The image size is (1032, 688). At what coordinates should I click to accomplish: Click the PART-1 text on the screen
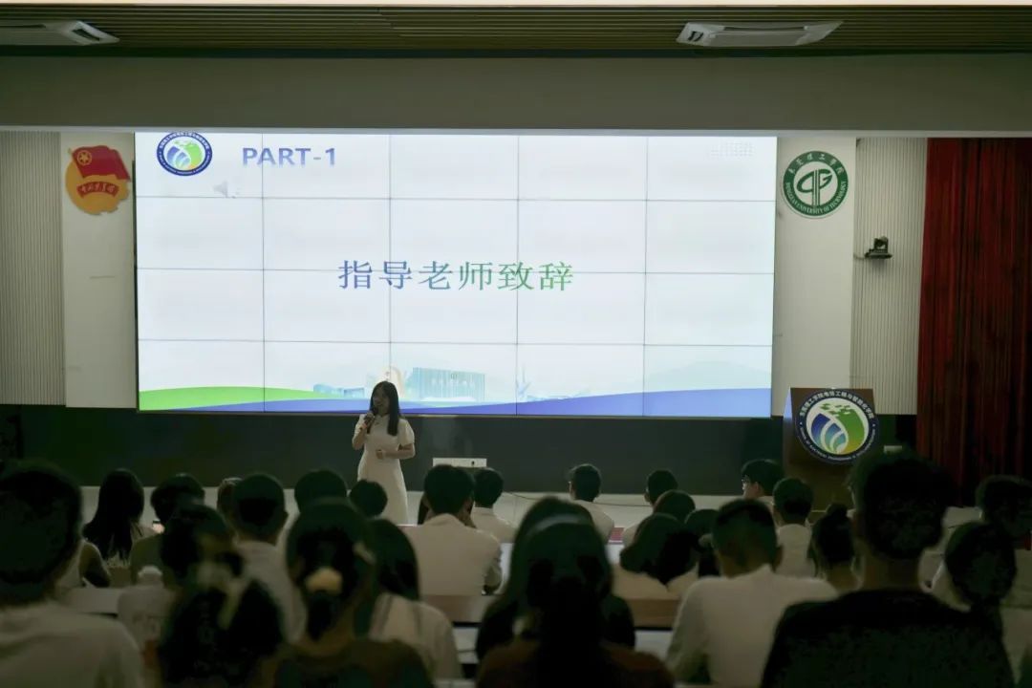click(x=289, y=156)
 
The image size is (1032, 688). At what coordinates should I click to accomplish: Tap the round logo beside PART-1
click(x=184, y=154)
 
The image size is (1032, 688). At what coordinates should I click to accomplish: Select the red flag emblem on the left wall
click(x=97, y=179)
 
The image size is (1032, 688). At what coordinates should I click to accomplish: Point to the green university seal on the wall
click(x=815, y=184)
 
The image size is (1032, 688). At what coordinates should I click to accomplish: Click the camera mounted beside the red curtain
click(x=878, y=248)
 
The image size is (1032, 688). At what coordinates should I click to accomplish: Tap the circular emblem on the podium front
click(x=836, y=426)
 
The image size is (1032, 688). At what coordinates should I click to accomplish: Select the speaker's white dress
click(x=384, y=468)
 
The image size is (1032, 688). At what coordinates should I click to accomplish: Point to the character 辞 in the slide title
click(x=556, y=276)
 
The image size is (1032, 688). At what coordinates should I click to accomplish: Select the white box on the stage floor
click(x=460, y=462)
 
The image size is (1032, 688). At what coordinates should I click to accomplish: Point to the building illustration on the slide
click(x=444, y=384)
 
